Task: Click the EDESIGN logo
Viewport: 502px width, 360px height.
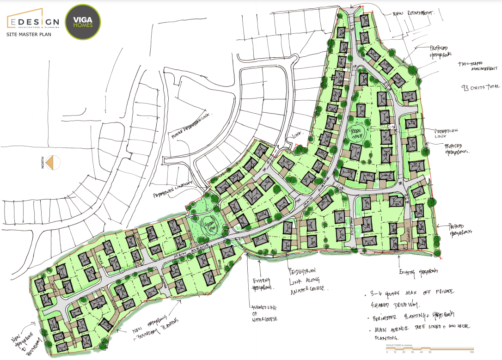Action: pos(32,21)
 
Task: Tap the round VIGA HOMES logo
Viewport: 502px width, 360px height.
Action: pos(83,22)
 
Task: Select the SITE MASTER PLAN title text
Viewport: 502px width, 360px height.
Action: pos(29,34)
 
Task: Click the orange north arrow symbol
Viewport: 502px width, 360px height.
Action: pos(55,163)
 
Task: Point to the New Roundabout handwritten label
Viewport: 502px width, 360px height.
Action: pos(413,14)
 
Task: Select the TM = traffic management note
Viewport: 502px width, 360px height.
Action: pos(476,66)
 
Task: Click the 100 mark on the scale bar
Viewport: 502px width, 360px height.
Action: pos(472,353)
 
